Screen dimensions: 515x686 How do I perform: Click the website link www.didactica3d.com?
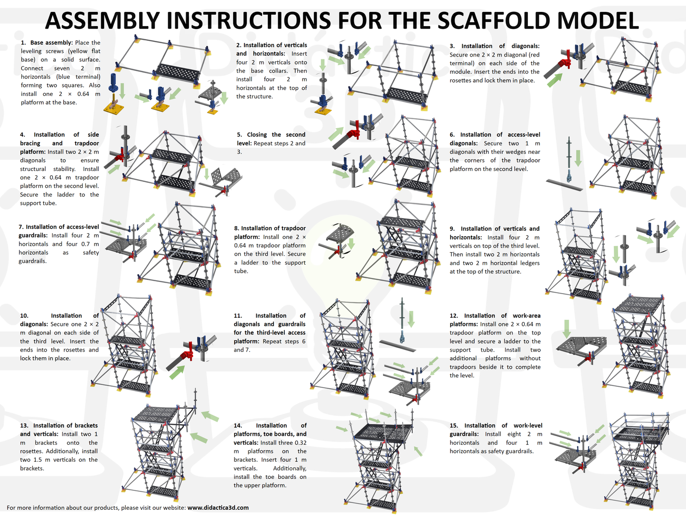tap(218, 507)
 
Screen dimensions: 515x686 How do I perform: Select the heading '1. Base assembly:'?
tap(47, 43)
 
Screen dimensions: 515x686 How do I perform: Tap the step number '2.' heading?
tap(239, 45)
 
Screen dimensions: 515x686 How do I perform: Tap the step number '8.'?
tap(236, 228)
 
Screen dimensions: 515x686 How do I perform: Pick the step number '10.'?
tap(24, 315)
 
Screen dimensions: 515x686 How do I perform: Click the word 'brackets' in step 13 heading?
tap(86, 425)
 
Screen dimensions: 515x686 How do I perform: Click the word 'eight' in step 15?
tap(514, 434)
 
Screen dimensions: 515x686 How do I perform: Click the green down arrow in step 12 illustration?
tap(566, 328)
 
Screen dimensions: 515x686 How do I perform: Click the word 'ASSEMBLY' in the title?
tap(104, 20)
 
